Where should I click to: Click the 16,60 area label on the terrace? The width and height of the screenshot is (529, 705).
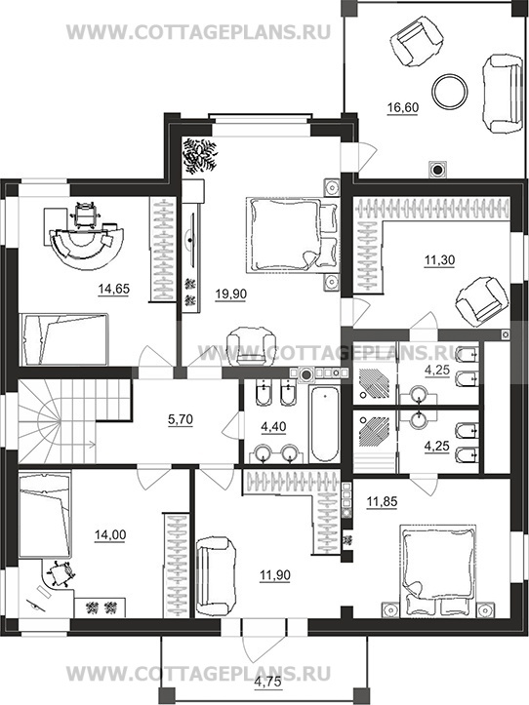pyautogui.click(x=403, y=108)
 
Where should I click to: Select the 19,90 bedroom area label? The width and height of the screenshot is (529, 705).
pyautogui.click(x=230, y=294)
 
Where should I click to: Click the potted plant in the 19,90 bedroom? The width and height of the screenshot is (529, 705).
pyautogui.click(x=199, y=156)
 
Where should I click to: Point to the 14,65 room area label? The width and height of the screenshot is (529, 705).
pyautogui.click(x=113, y=289)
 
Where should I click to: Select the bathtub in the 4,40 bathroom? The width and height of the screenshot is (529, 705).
pyautogui.click(x=324, y=424)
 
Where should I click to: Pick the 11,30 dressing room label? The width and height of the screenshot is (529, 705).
pyautogui.click(x=440, y=260)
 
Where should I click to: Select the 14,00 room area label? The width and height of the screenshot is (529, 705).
pyautogui.click(x=110, y=535)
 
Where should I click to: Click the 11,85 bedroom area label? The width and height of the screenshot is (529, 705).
pyautogui.click(x=382, y=501)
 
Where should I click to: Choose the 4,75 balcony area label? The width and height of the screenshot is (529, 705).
pyautogui.click(x=268, y=682)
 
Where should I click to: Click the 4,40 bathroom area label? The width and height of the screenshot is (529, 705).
pyautogui.click(x=273, y=426)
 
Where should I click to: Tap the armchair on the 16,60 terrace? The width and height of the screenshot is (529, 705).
pyautogui.click(x=417, y=41)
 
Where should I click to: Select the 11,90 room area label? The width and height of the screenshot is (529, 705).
pyautogui.click(x=275, y=575)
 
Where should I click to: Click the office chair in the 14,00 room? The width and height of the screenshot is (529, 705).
pyautogui.click(x=59, y=573)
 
